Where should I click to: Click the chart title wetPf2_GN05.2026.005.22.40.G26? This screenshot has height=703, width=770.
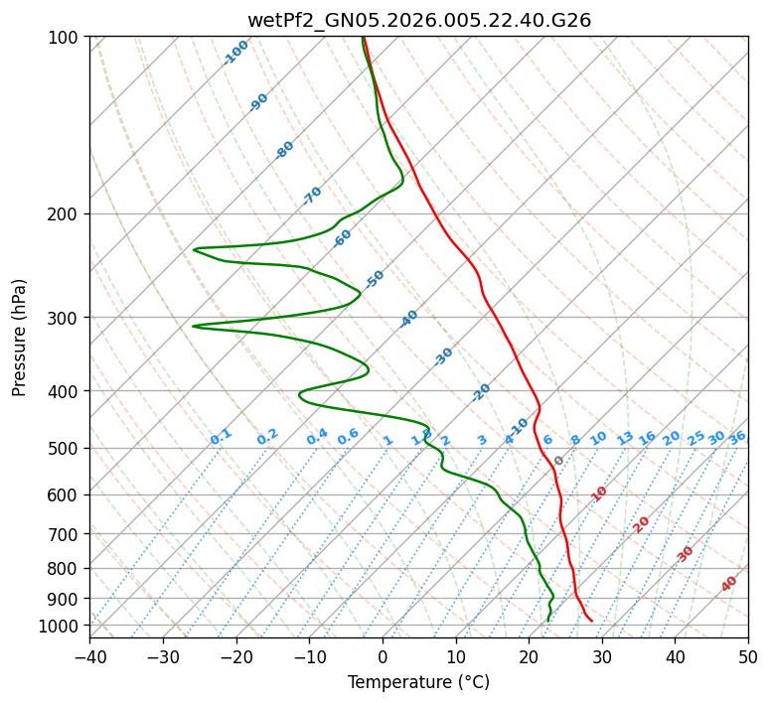click(x=418, y=20)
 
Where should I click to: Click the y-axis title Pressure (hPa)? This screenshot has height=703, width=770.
click(x=19, y=337)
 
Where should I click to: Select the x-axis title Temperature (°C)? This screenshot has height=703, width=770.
click(x=418, y=682)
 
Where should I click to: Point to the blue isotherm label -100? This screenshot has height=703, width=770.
click(x=235, y=53)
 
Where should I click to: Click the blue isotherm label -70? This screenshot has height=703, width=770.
click(x=312, y=196)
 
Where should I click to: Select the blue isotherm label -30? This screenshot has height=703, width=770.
click(x=443, y=356)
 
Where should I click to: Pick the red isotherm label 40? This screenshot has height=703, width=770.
click(x=729, y=584)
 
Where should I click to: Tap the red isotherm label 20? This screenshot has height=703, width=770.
click(x=641, y=524)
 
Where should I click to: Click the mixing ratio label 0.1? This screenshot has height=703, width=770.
click(x=221, y=437)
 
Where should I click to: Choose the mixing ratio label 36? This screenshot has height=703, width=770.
click(x=737, y=438)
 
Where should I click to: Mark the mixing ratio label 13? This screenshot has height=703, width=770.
click(x=625, y=438)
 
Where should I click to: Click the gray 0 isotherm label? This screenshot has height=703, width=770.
click(x=559, y=461)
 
